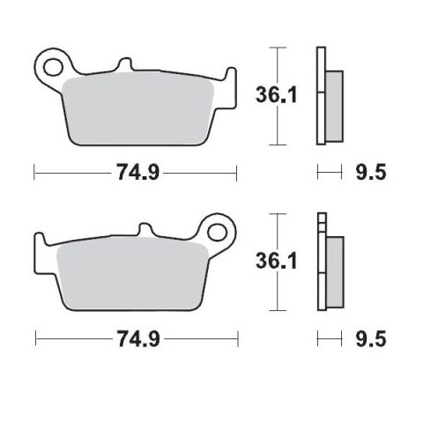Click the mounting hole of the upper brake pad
click(52, 64)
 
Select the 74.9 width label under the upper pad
click(136, 174)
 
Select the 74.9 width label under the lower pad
click(136, 338)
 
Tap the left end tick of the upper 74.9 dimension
click(34, 174)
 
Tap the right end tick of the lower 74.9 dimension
click(238, 338)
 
